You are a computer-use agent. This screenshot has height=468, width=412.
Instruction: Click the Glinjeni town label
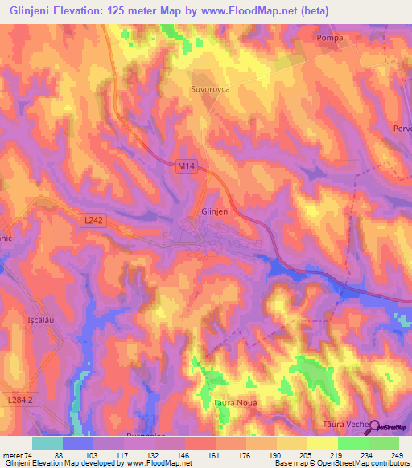[216, 212]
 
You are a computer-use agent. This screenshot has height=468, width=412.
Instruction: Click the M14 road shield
[186, 166]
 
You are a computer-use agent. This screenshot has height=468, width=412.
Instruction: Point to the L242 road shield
[94, 218]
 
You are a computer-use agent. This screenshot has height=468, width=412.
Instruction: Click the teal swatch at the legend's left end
[47, 443]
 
